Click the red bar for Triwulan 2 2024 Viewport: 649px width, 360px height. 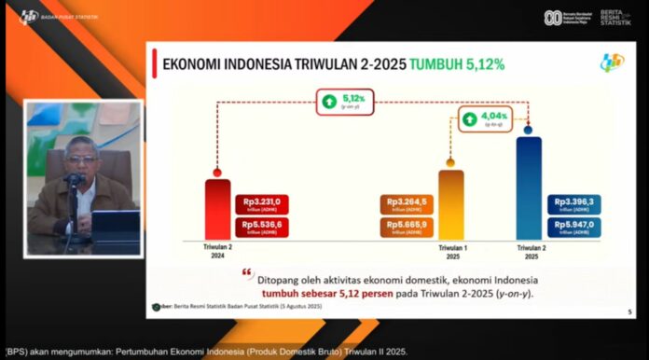(x=217, y=210)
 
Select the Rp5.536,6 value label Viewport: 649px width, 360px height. (x=261, y=226)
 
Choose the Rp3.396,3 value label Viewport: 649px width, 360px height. (x=573, y=203)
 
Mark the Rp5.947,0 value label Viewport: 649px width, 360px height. (x=573, y=227)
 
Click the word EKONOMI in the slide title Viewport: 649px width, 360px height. (x=194, y=64)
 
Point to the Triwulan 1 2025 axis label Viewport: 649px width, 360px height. (x=451, y=251)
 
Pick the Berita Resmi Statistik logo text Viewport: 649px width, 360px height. (x=614, y=18)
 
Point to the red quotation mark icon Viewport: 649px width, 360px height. (x=248, y=273)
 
